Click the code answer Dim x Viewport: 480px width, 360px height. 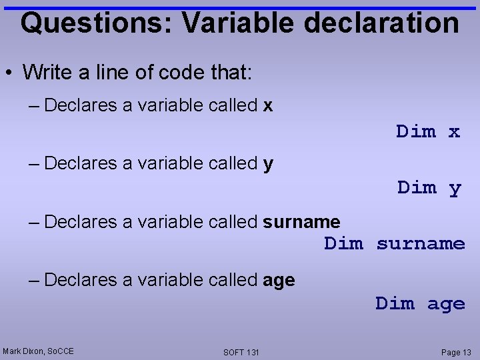[428, 131]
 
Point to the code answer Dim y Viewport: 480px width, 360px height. [429, 188]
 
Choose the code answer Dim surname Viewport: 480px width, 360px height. [395, 244]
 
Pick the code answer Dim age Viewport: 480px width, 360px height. [420, 304]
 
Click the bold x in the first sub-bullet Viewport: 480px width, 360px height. [268, 105]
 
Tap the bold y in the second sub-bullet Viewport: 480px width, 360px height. [268, 165]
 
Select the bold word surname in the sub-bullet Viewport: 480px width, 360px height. [301, 222]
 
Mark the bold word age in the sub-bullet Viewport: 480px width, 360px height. [279, 281]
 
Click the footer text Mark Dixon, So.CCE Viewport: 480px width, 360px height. [38, 351]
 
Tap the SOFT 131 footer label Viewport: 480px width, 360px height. [241, 352]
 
